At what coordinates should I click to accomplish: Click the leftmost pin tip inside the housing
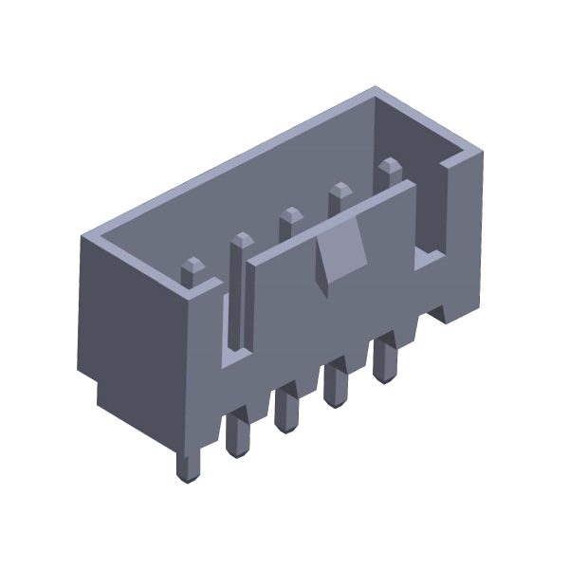[193, 268]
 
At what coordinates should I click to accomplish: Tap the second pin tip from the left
[241, 241]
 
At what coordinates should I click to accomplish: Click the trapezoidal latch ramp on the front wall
[339, 255]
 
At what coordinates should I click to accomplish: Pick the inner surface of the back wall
[284, 180]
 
